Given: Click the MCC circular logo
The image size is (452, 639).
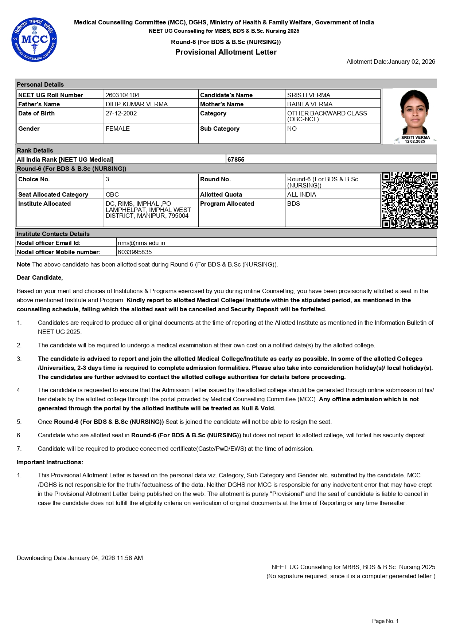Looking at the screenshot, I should (34, 40).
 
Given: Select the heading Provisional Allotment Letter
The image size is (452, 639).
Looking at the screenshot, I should (226, 52).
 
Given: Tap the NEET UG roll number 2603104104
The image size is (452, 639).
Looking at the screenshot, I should (122, 95).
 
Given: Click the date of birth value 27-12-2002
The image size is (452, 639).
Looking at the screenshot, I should (121, 113).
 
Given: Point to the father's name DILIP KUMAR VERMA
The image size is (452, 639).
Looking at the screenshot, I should (137, 104).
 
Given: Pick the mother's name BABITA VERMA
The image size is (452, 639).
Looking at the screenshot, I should (310, 104).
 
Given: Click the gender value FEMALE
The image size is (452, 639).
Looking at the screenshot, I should (118, 129).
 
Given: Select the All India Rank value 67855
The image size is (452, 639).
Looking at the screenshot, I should (236, 159).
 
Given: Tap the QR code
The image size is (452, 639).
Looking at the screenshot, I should (409, 200).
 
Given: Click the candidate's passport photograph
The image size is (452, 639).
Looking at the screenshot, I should (415, 113).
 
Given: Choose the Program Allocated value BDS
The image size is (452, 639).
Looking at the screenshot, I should (293, 204).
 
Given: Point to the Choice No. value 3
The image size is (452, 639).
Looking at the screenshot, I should (108, 179).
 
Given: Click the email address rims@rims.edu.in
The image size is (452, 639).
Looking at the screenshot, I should (141, 243).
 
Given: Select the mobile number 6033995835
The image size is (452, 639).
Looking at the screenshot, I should (135, 252).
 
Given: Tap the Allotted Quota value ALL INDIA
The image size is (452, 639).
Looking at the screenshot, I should (301, 194).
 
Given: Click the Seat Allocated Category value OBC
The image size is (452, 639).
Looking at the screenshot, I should (112, 194).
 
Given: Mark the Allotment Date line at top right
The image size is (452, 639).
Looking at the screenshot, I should (391, 62).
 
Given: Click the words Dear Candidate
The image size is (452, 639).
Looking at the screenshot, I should (40, 277).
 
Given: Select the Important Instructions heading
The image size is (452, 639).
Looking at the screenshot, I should (50, 462).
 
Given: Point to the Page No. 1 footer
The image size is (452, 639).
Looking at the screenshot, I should (385, 621).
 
